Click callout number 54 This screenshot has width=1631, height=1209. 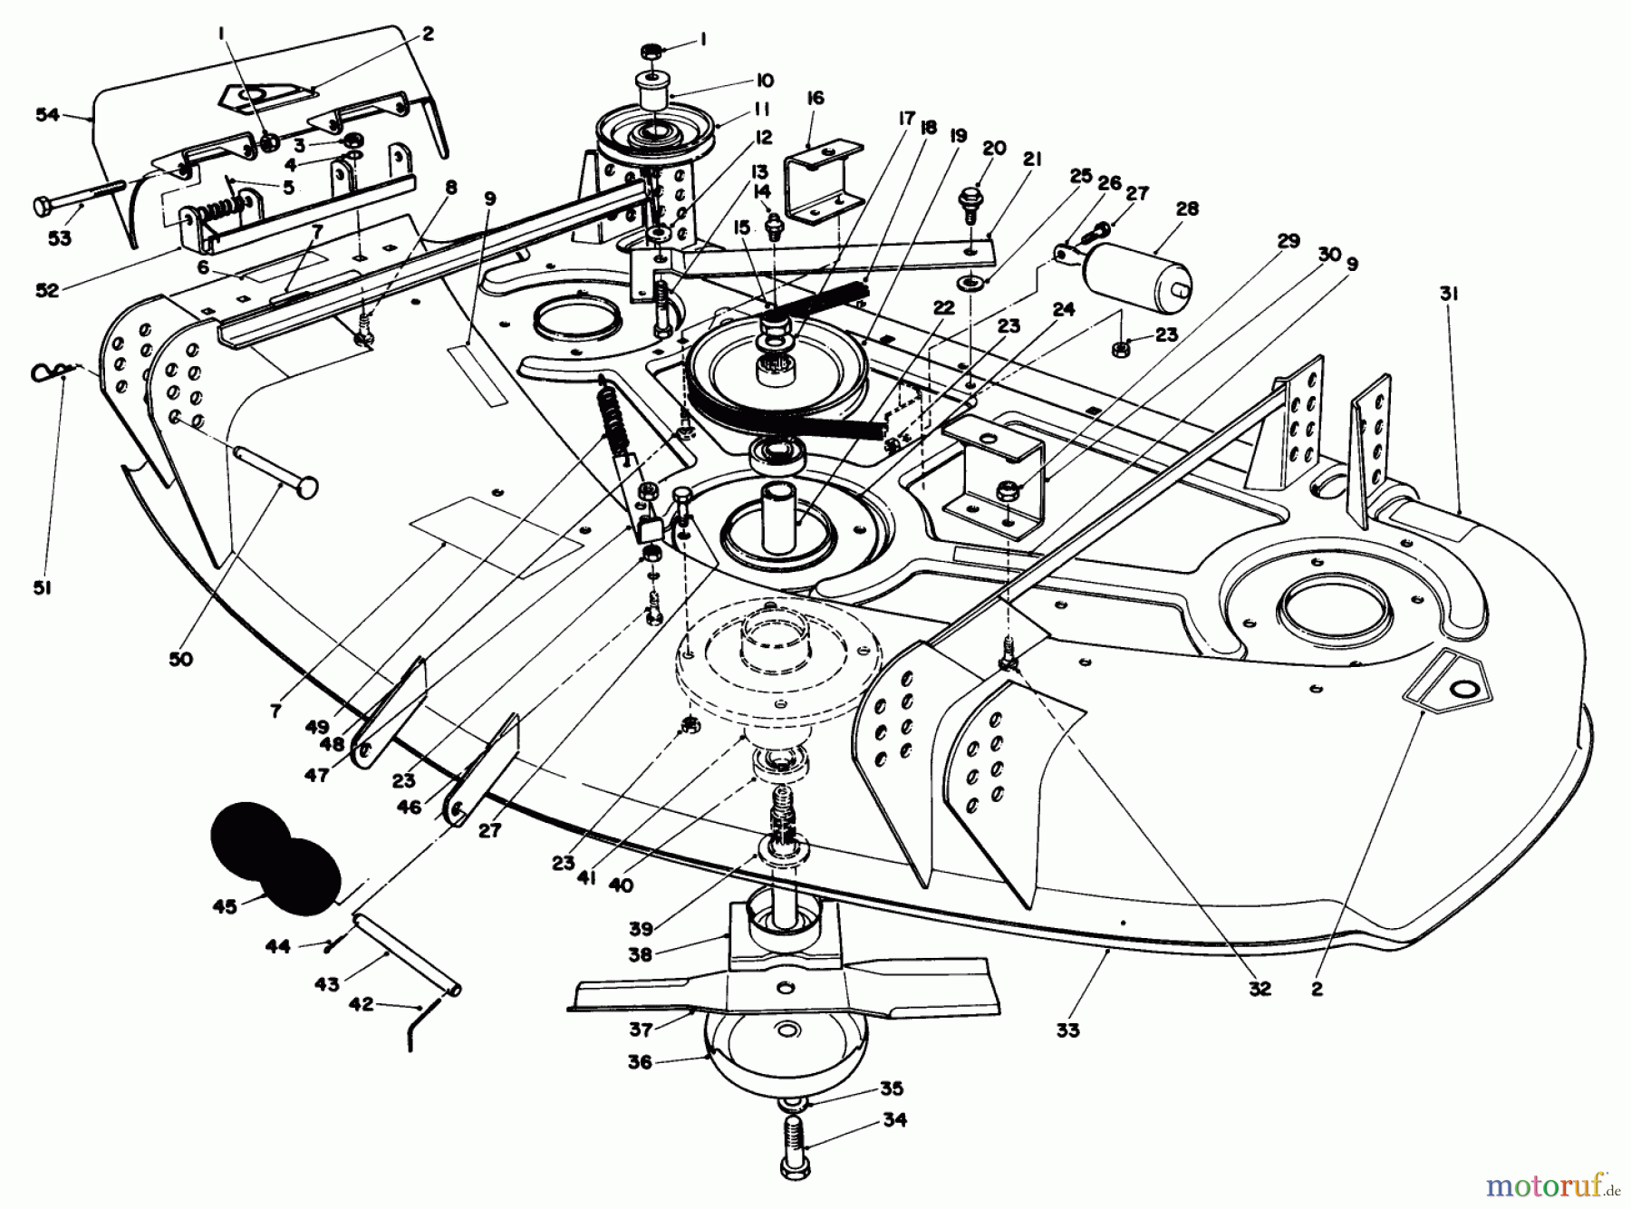point(46,114)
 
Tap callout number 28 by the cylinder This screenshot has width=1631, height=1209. point(1187,209)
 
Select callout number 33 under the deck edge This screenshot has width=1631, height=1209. point(1068,1030)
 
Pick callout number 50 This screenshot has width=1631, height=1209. point(180,659)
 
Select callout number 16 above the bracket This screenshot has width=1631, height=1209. point(815,97)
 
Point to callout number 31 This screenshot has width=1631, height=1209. point(1448,294)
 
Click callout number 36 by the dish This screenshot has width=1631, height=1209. point(640,1061)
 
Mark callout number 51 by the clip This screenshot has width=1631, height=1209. point(43,587)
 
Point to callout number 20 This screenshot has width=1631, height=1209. point(994,149)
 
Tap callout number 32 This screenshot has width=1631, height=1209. point(1260,989)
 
